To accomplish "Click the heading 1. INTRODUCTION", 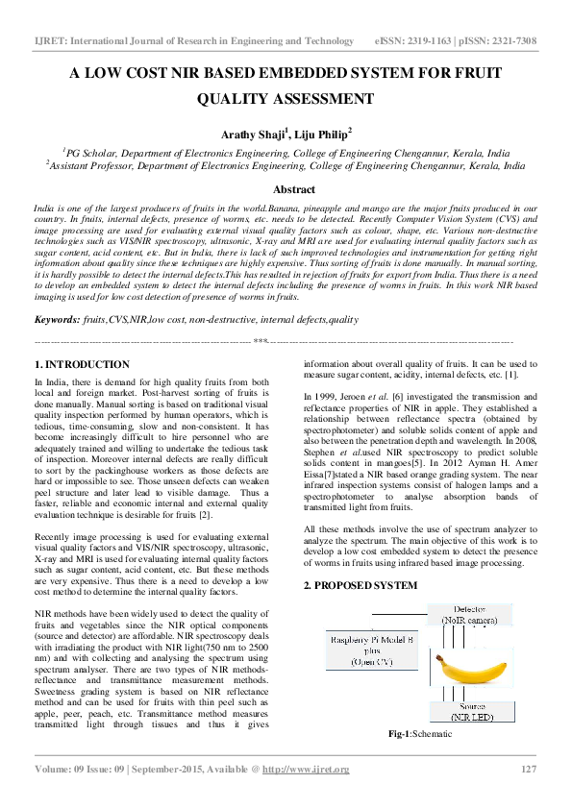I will (82, 365).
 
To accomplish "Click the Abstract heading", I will (293, 190).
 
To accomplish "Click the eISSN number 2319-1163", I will (437, 41).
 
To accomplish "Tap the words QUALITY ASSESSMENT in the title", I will (286, 99).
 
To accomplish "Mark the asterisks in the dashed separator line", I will (260, 340).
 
